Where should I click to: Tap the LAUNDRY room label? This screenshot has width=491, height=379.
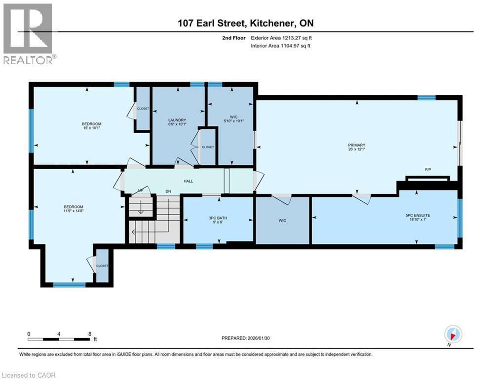click(x=177, y=120)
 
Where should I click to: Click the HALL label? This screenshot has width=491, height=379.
click(x=188, y=181)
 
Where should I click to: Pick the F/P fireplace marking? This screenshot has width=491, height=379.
click(x=428, y=170)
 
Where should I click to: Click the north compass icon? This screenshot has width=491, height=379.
click(x=453, y=334)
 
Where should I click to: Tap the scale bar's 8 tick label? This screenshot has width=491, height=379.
click(x=89, y=334)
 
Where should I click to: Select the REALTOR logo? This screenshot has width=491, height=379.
click(x=29, y=34)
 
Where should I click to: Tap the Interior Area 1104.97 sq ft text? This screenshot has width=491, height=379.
click(x=280, y=45)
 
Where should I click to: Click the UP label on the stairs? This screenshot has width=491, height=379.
click(x=140, y=190)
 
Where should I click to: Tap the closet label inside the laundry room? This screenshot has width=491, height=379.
click(x=207, y=147)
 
